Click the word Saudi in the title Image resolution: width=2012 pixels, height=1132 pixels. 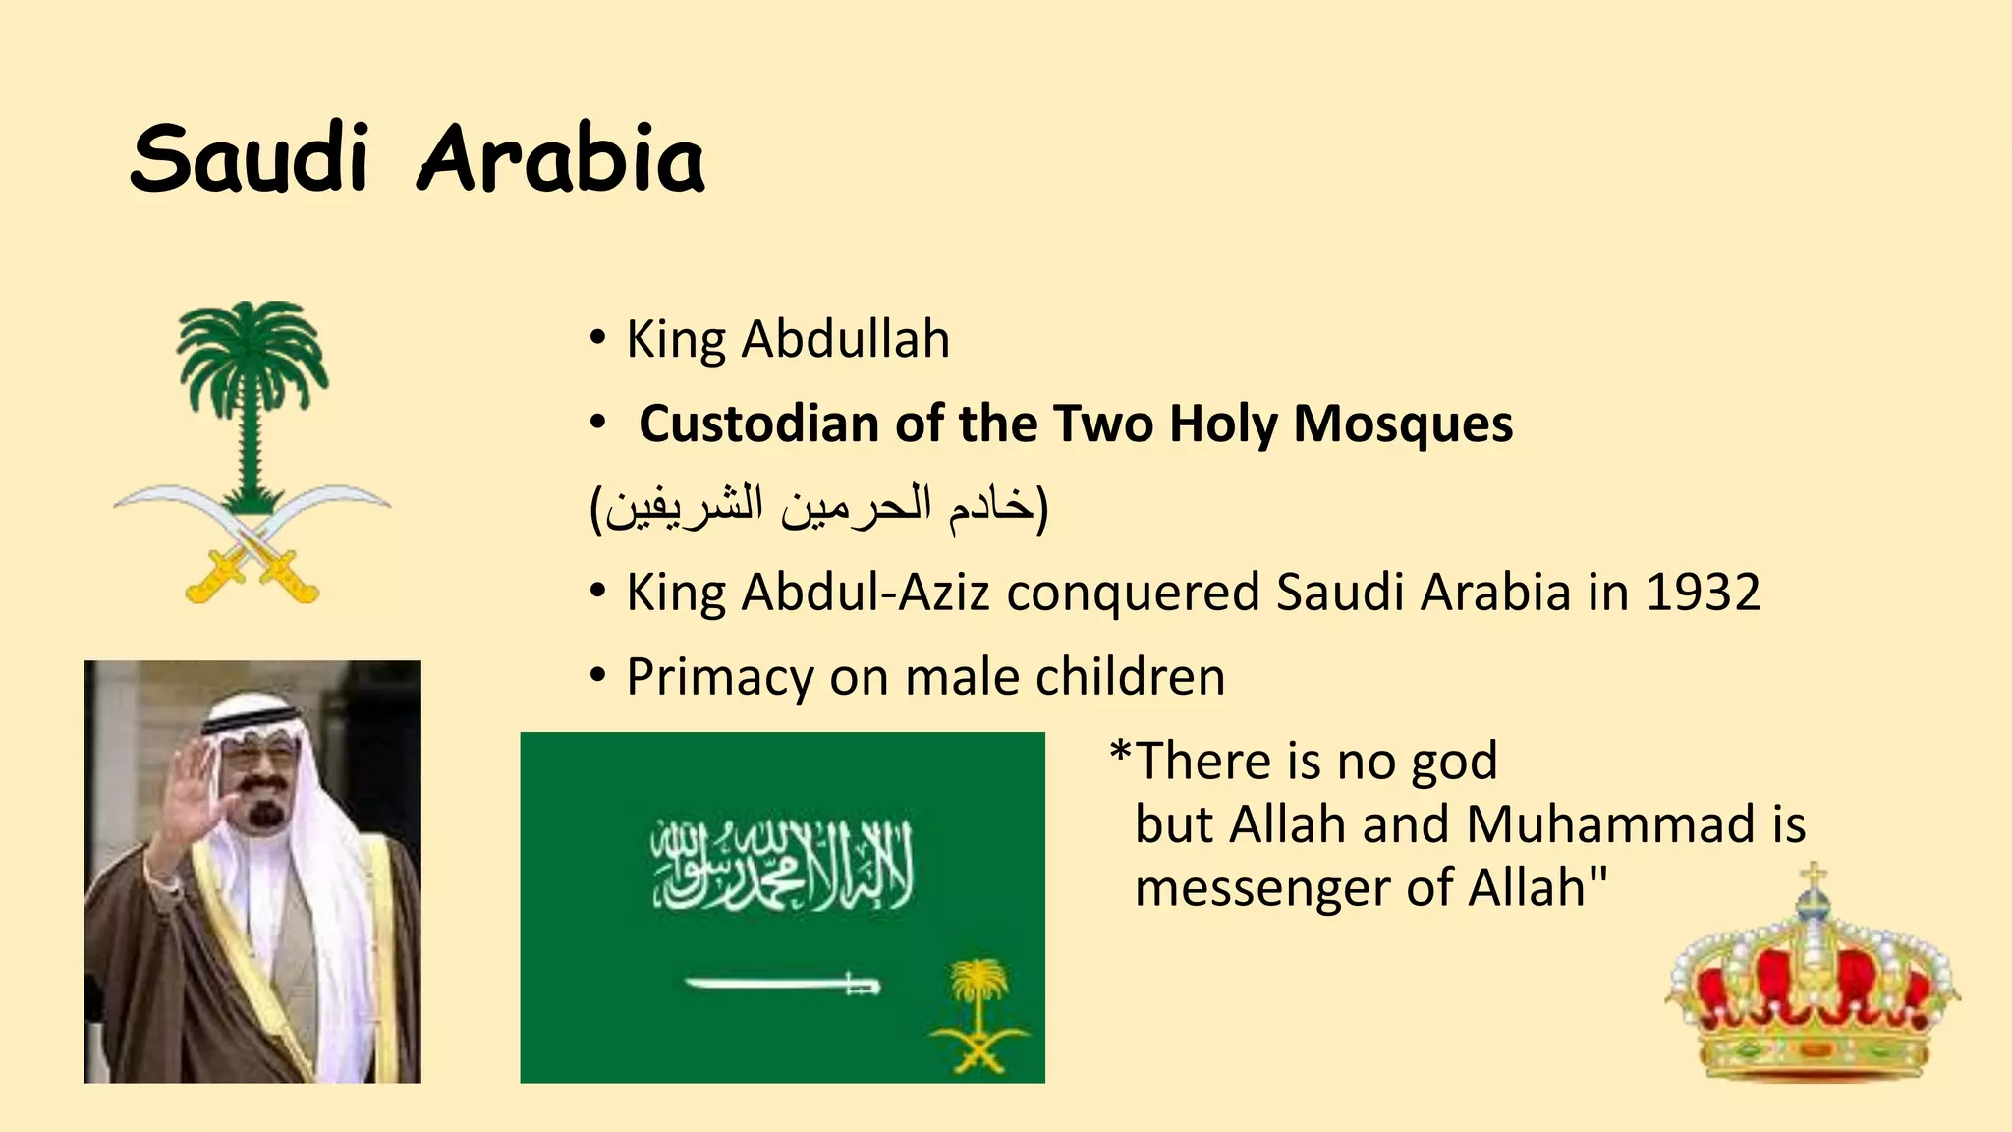click(x=250, y=159)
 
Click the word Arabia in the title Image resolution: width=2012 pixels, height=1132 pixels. click(x=561, y=159)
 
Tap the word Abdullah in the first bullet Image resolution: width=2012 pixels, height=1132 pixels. click(x=845, y=340)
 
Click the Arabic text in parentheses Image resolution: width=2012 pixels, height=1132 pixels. click(x=819, y=507)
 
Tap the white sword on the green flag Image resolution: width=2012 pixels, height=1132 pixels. click(x=781, y=983)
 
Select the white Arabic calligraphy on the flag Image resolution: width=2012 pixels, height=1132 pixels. click(x=782, y=865)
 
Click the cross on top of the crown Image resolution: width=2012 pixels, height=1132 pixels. click(x=1814, y=874)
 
